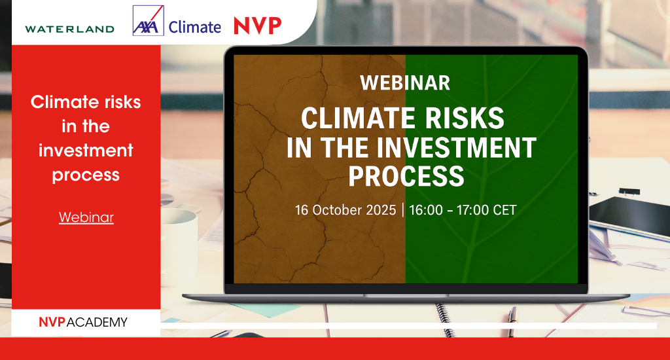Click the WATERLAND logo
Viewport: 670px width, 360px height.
(69, 29)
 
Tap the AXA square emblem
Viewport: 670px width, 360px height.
(149, 20)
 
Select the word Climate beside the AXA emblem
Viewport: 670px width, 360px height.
(195, 27)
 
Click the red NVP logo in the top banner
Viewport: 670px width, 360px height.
(258, 26)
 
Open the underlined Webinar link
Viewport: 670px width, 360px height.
(86, 217)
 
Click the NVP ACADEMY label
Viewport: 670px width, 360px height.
(83, 322)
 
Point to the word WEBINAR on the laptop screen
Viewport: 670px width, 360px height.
(405, 83)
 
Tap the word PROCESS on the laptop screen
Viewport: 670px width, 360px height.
(406, 176)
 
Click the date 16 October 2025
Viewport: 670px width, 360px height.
(345, 210)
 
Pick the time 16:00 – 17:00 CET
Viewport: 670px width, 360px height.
(463, 210)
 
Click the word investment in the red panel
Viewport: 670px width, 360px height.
(86, 151)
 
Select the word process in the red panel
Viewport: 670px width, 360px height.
(86, 175)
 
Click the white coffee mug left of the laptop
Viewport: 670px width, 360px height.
(179, 236)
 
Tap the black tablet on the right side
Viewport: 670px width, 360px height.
(629, 216)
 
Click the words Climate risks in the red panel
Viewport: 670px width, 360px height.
(86, 102)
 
